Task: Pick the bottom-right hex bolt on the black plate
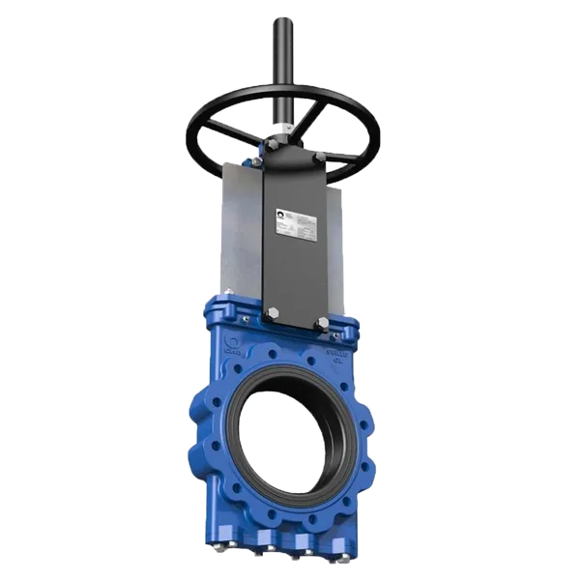(319, 323)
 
